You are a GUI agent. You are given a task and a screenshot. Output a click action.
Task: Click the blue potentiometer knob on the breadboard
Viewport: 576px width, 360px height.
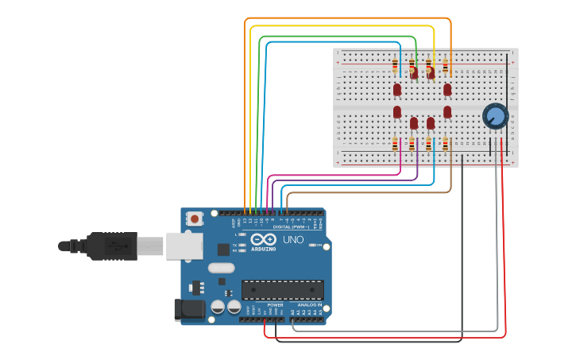495,117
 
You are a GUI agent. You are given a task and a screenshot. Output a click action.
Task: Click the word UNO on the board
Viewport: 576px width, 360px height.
293,239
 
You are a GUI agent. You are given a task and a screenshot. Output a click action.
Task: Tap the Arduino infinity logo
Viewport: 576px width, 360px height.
263,239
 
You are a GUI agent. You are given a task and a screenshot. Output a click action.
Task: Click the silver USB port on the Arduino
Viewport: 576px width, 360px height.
184,246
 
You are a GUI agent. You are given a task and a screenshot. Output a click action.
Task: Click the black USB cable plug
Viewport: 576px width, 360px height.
111,246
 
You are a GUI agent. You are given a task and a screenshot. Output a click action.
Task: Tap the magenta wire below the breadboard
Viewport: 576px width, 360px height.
334,175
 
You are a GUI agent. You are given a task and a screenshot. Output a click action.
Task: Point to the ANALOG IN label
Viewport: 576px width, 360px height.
309,305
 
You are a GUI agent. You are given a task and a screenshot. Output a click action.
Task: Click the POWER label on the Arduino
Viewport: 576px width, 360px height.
275,305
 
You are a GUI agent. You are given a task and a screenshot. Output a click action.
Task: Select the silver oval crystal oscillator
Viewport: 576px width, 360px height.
222,268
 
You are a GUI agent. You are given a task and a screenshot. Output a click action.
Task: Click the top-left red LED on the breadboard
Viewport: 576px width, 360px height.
397,90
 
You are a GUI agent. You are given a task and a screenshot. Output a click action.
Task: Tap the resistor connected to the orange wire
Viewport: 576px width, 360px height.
446,66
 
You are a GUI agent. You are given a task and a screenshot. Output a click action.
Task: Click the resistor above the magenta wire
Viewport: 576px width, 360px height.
395,144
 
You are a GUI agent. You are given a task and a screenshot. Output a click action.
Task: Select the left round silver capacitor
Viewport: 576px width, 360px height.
218,306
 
